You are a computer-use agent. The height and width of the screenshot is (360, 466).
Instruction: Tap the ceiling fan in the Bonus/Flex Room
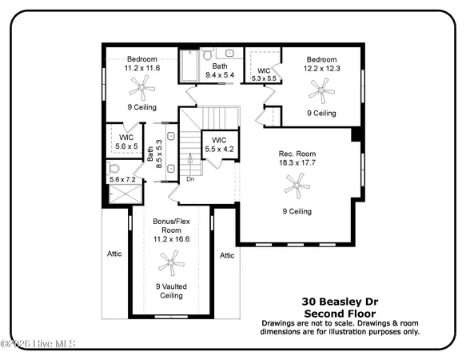click(169, 262)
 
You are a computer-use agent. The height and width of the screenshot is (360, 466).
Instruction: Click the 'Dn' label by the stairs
click(190, 178)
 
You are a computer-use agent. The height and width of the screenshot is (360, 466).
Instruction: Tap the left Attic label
click(115, 254)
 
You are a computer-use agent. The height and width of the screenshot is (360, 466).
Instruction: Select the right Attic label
click(227, 255)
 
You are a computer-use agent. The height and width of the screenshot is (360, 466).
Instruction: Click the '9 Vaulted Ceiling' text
click(169, 290)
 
